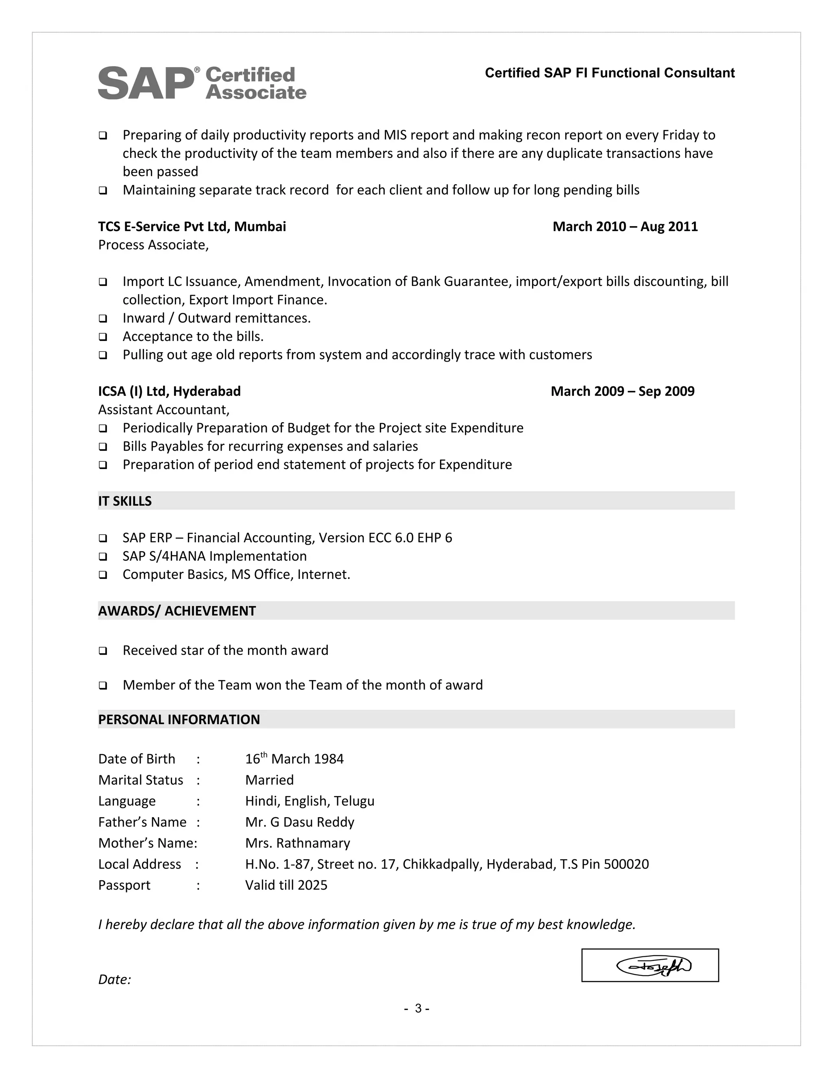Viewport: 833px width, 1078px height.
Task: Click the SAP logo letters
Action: tap(146, 83)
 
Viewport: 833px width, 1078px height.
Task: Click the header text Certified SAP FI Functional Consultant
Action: tap(609, 73)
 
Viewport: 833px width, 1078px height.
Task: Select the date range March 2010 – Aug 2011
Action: tap(625, 227)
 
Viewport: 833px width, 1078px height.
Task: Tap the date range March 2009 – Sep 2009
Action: tap(622, 391)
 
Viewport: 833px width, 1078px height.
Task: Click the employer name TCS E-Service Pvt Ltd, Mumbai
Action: tap(192, 227)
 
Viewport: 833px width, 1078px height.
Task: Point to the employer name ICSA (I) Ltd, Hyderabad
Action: tap(169, 391)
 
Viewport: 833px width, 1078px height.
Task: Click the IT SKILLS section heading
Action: tap(125, 501)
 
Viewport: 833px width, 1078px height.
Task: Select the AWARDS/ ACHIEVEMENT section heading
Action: tap(177, 611)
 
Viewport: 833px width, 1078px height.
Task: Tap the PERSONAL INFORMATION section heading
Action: tap(179, 720)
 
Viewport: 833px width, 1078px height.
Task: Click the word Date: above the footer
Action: tap(114, 980)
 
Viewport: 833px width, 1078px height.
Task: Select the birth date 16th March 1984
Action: tap(294, 759)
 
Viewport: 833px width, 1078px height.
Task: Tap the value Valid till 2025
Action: tap(286, 886)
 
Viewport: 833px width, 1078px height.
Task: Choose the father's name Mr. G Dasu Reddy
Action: tap(299, 822)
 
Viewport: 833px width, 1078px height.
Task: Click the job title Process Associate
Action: tap(153, 245)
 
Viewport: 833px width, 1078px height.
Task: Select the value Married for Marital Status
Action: tap(269, 780)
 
